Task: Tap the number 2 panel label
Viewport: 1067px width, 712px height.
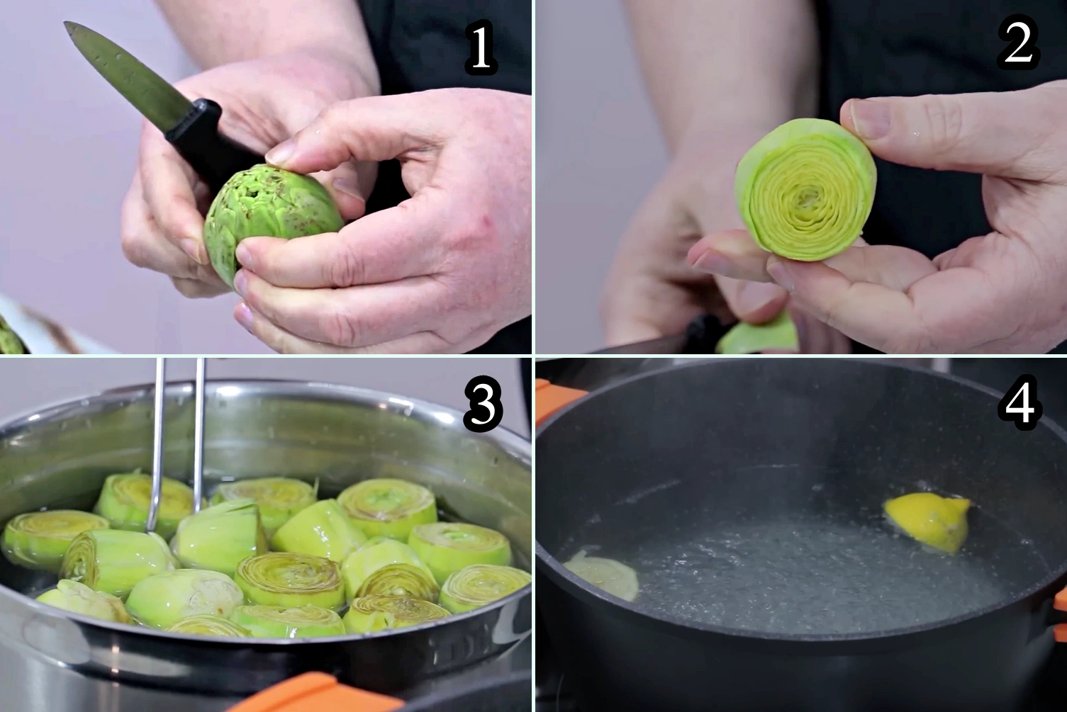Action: pos(1018,45)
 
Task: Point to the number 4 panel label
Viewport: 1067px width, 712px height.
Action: pos(1020,404)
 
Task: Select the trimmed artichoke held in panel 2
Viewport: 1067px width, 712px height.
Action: pos(806,189)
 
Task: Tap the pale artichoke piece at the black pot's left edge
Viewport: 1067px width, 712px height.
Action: pos(601,575)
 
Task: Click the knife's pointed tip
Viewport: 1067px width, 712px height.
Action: pos(66,23)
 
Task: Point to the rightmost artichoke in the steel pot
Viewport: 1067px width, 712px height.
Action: pos(485,588)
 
